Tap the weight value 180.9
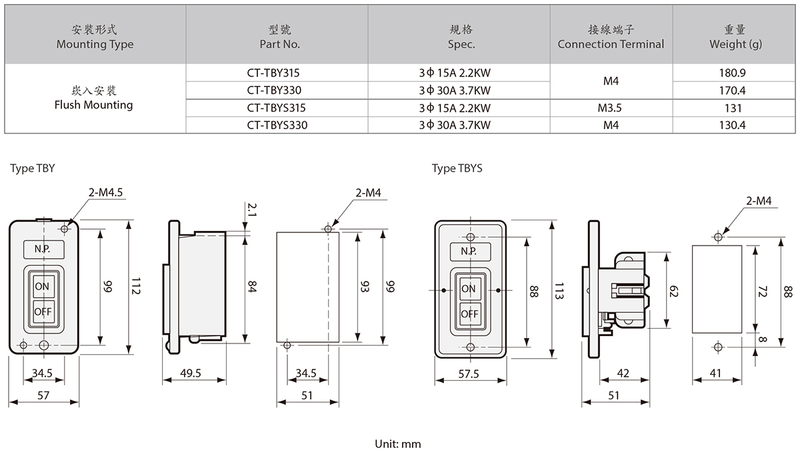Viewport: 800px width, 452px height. click(x=736, y=73)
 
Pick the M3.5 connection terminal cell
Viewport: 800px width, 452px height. click(x=611, y=107)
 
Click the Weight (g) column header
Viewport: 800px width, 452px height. click(x=736, y=37)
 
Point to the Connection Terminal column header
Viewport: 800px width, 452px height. click(x=611, y=37)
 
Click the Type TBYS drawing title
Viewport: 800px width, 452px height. click(x=457, y=168)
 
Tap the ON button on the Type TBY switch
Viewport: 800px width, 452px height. click(x=43, y=286)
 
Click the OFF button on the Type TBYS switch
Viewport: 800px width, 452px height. click(x=469, y=314)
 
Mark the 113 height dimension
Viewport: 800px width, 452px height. click(x=561, y=291)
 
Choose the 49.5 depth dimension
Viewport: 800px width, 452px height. click(x=191, y=373)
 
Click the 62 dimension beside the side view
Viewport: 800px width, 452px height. click(x=673, y=291)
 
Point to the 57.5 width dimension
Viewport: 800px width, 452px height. click(x=469, y=374)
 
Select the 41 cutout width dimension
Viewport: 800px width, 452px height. click(x=716, y=374)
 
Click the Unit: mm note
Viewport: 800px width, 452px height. click(x=398, y=443)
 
